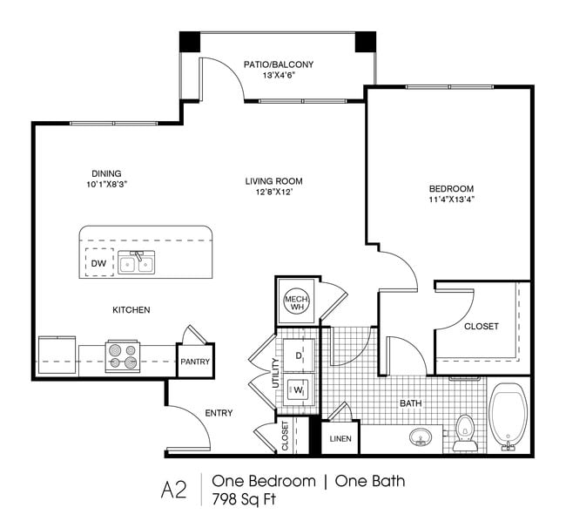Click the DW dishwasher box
tap(99, 262)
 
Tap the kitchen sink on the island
tap(137, 262)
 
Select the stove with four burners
tap(123, 356)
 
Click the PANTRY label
tap(195, 362)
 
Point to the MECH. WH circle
tap(297, 301)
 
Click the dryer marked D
tap(299, 355)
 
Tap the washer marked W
tap(298, 390)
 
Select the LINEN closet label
tap(340, 439)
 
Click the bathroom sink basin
tap(421, 436)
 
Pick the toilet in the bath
tap(464, 433)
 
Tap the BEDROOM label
tap(451, 188)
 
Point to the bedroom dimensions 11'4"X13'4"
tap(451, 200)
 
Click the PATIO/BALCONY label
tap(279, 64)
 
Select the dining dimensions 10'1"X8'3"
tap(107, 185)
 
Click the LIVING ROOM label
tap(274, 181)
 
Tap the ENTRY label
tap(219, 413)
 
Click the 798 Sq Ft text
tap(244, 499)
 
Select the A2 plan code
tap(174, 490)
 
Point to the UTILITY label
tap(276, 373)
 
